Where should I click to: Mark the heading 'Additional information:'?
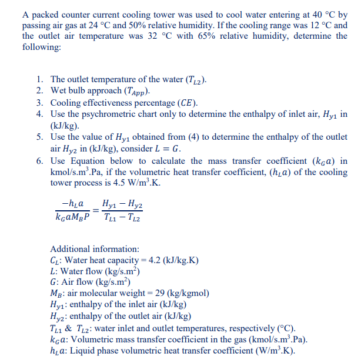[x=87, y=248]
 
